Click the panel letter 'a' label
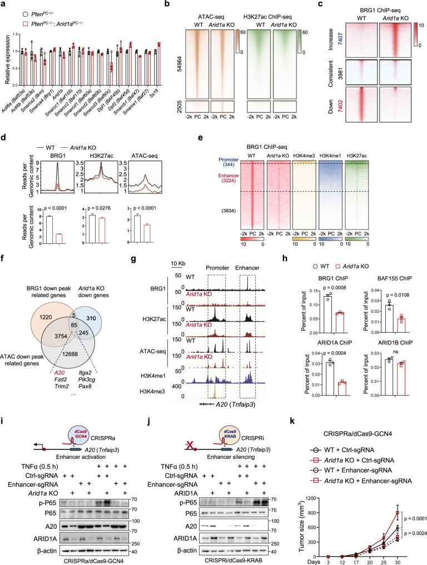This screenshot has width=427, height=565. [4, 4]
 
